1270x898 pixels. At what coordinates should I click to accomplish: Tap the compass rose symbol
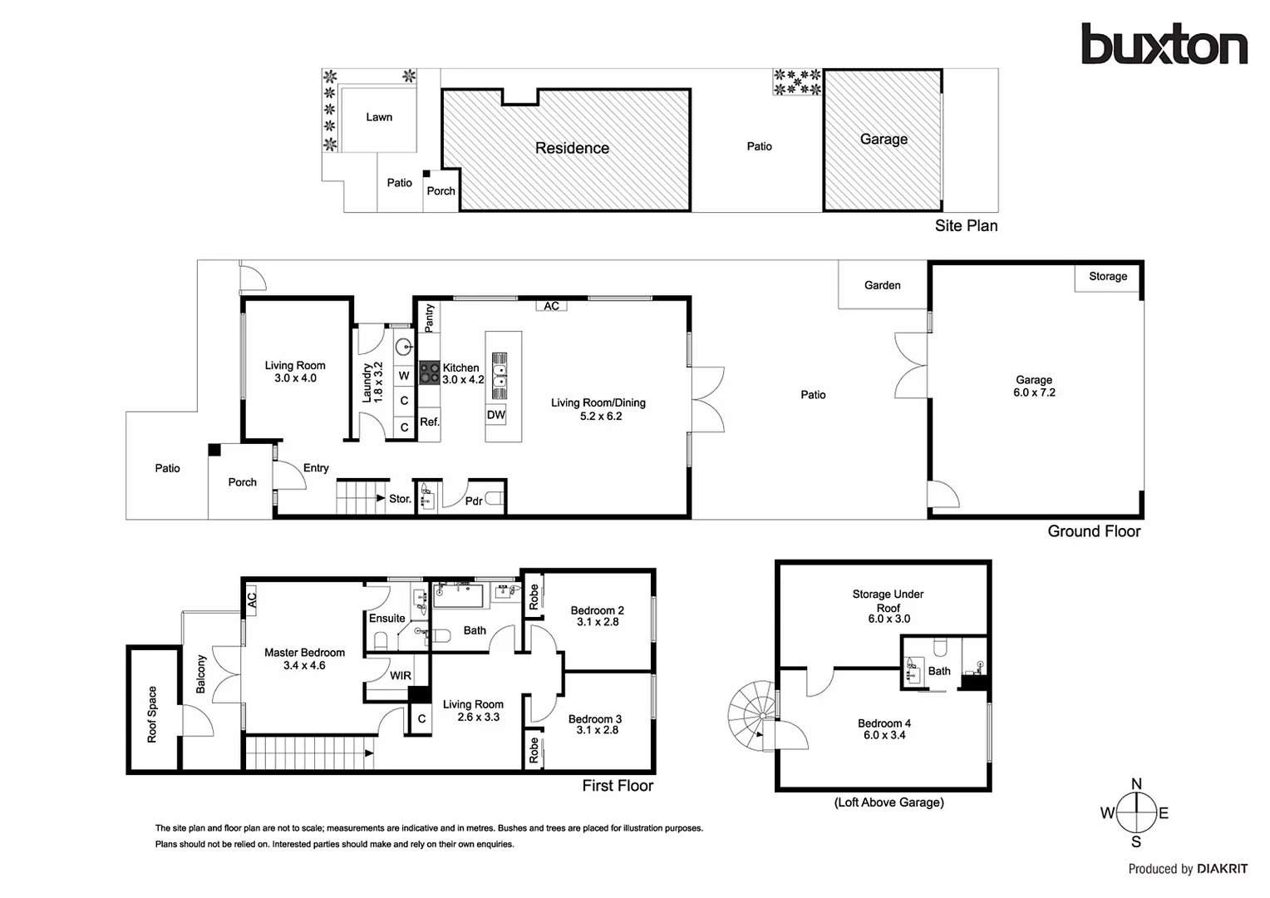click(x=1136, y=813)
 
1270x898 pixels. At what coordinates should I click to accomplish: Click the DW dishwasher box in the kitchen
click(x=496, y=415)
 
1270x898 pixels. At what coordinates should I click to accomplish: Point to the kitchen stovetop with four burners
click(x=429, y=373)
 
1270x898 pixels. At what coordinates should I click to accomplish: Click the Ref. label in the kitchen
click(x=429, y=422)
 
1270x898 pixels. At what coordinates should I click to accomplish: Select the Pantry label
click(x=429, y=317)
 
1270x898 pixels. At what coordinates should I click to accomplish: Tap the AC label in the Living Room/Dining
click(x=552, y=306)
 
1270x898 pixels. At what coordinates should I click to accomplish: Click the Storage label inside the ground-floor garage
click(x=1108, y=276)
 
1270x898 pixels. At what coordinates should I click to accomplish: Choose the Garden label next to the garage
click(x=882, y=285)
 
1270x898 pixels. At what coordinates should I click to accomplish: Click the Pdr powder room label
click(x=474, y=501)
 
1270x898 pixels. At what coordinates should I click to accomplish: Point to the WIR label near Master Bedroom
click(x=401, y=675)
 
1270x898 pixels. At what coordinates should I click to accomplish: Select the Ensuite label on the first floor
click(x=387, y=618)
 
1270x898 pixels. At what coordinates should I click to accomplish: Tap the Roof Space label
click(x=152, y=714)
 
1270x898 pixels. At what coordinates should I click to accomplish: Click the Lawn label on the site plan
click(x=379, y=117)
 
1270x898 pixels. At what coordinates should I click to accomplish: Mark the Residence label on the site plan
click(x=572, y=148)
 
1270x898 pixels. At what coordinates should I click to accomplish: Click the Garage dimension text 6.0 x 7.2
click(x=1034, y=392)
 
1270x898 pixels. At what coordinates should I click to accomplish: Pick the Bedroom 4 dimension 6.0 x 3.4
click(x=884, y=735)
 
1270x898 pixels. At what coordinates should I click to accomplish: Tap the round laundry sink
click(x=404, y=347)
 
